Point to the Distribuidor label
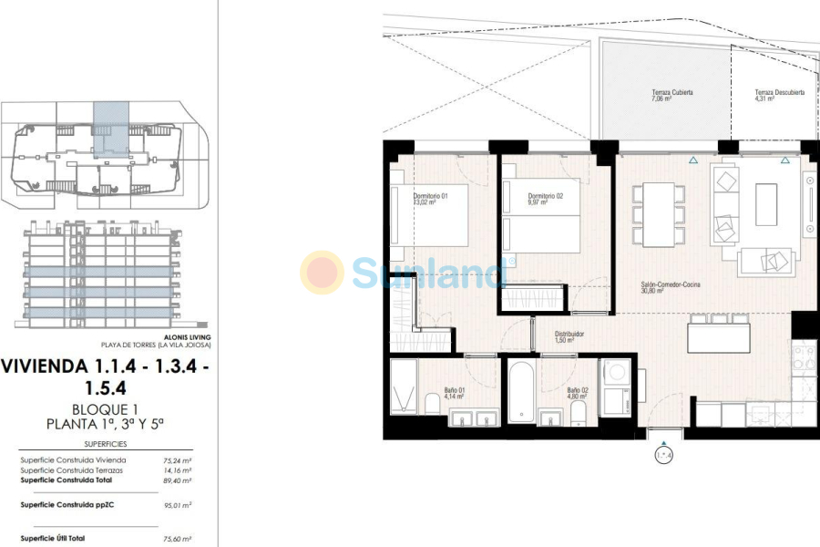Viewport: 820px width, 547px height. click(569, 336)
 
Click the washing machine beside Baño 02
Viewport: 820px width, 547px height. click(615, 373)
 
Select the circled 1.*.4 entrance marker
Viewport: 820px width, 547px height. click(664, 454)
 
